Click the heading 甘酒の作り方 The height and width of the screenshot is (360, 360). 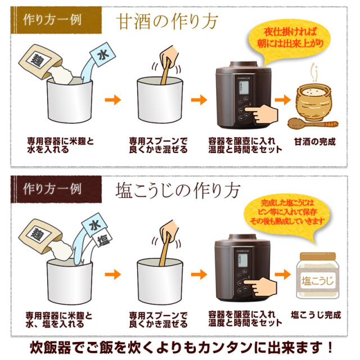[x=167, y=21]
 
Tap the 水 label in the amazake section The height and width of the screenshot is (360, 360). [x=102, y=55]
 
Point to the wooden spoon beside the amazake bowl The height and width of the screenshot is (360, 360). [x=313, y=123]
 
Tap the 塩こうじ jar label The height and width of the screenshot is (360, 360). [x=317, y=281]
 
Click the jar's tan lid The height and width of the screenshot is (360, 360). [x=318, y=256]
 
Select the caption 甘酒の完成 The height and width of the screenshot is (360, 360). [x=315, y=142]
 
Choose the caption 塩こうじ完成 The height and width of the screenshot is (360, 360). [x=316, y=315]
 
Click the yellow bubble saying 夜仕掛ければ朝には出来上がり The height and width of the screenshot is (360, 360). [x=290, y=39]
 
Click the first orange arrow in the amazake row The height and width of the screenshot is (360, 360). [x=112, y=100]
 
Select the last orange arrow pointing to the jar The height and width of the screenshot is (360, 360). [x=283, y=274]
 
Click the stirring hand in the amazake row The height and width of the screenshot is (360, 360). [x=169, y=56]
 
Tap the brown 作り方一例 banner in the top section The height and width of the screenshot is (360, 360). [x=56, y=20]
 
